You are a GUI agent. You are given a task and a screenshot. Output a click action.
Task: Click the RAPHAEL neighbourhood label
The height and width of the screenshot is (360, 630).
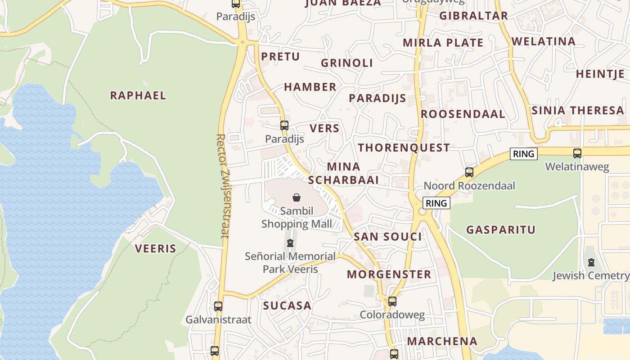pyautogui.click(x=138, y=95)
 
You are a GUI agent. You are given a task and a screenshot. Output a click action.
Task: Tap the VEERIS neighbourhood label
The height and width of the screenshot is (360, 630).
pyautogui.click(x=156, y=248)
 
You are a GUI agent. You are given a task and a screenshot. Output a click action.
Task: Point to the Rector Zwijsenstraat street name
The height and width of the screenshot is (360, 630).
pyautogui.click(x=221, y=185)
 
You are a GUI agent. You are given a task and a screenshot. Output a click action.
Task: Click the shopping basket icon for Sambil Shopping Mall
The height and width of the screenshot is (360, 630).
pyautogui.click(x=297, y=198)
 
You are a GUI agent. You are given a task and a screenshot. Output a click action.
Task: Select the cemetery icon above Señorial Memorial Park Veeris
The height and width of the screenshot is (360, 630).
pyautogui.click(x=290, y=243)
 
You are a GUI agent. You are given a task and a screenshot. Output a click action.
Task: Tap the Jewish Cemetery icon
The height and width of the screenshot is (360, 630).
pyautogui.click(x=591, y=262)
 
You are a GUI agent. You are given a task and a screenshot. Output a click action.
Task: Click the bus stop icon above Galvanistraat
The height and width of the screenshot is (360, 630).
pyautogui.click(x=218, y=306)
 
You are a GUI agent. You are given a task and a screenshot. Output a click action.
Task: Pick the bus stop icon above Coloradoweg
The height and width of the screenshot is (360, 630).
pyautogui.click(x=392, y=301)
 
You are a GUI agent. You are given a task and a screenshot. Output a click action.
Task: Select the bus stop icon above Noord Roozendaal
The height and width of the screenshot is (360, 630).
pyautogui.click(x=469, y=172)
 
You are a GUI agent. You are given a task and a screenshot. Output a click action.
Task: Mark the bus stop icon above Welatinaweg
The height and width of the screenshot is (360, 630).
pyautogui.click(x=577, y=153)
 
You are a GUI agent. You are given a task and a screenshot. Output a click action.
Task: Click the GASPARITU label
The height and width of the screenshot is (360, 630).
pyautogui.click(x=501, y=230)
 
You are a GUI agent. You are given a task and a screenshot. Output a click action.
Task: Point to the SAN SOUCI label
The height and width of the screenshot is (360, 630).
pyautogui.click(x=388, y=237)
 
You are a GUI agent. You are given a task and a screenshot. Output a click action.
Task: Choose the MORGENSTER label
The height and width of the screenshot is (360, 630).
pyautogui.click(x=389, y=274)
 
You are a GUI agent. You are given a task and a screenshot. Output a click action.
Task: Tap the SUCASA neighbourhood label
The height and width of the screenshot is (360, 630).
pyautogui.click(x=287, y=306)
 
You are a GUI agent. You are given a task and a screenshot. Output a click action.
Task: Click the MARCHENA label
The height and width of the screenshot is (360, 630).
pyautogui.click(x=442, y=341)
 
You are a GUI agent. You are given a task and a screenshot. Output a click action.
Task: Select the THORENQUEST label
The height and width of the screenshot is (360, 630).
pyautogui.click(x=404, y=148)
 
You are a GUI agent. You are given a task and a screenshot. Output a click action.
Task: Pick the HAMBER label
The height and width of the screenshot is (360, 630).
pyautogui.click(x=310, y=87)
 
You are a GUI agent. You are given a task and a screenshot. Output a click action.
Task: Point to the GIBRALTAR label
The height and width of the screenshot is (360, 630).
pyautogui.click(x=473, y=16)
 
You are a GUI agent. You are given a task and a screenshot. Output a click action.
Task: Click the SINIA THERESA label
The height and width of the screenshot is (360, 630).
pyautogui.click(x=578, y=110)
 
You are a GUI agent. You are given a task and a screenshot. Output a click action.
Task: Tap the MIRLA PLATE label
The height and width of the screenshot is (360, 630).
pyautogui.click(x=443, y=43)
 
